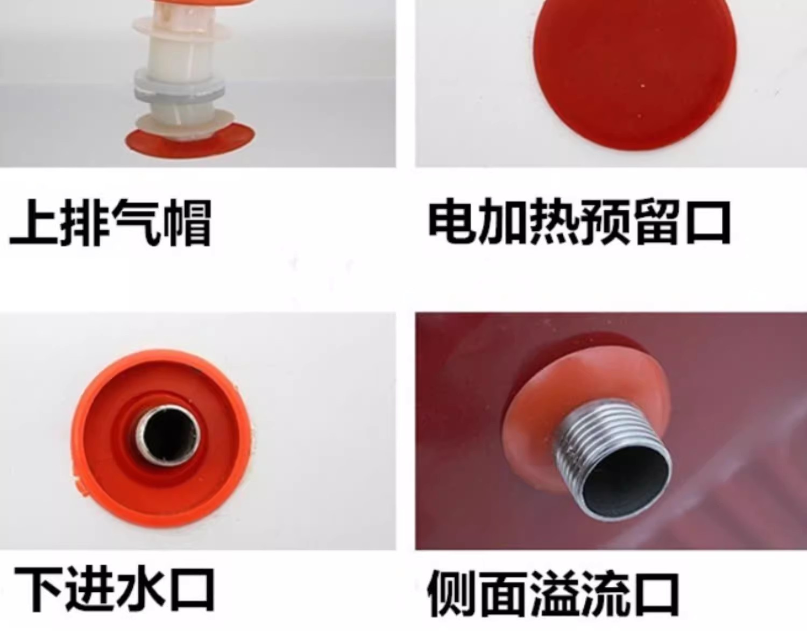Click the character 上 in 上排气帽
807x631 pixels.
coord(34,222)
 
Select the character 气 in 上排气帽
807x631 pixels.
coord(136,222)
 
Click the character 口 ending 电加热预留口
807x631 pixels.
coord(708,223)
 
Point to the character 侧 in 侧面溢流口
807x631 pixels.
coord(451,594)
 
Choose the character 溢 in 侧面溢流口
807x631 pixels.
coord(555,594)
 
